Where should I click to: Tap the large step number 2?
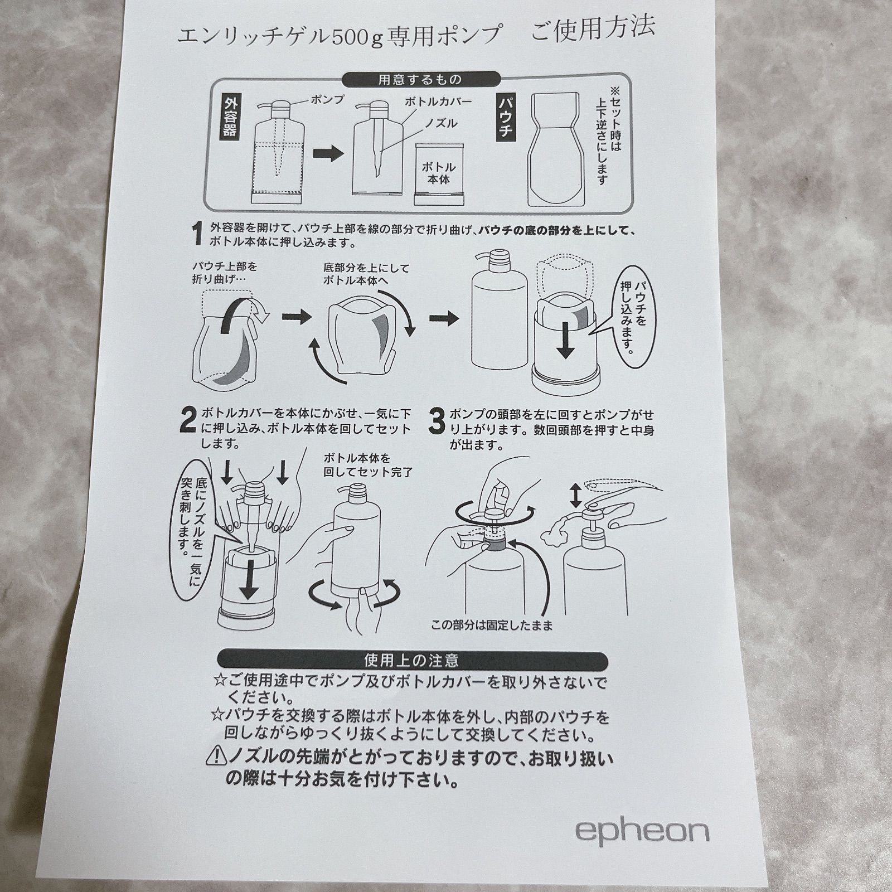point(188,421)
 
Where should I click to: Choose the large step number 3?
point(436,421)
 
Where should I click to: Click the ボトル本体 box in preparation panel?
point(439,173)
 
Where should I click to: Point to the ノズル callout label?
point(440,123)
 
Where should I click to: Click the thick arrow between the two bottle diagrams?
point(327,154)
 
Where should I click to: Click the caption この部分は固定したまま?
point(492,626)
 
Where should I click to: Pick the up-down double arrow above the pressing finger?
point(575,495)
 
